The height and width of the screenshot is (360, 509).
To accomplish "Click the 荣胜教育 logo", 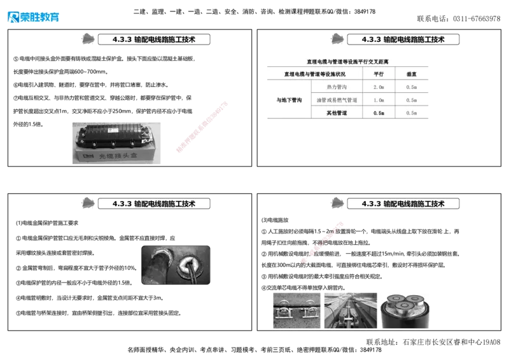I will click(32, 16).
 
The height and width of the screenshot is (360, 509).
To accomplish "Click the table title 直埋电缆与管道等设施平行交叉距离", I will click(347, 62).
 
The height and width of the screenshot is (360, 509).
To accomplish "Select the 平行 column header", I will click(379, 74).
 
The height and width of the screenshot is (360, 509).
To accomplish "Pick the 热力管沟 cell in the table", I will click(337, 87).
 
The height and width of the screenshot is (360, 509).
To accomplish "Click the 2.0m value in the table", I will click(379, 87).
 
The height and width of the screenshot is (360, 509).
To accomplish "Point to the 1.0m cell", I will click(379, 100).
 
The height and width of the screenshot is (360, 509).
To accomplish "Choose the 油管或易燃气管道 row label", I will click(337, 100).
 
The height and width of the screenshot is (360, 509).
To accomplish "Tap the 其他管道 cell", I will click(337, 113).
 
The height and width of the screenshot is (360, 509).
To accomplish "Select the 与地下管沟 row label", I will click(289, 100).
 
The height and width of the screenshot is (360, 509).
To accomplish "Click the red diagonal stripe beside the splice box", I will click(201, 127).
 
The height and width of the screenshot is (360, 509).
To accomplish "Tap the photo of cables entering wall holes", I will click(175, 265).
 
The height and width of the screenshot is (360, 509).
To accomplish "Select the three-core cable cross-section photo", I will click(405, 310).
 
